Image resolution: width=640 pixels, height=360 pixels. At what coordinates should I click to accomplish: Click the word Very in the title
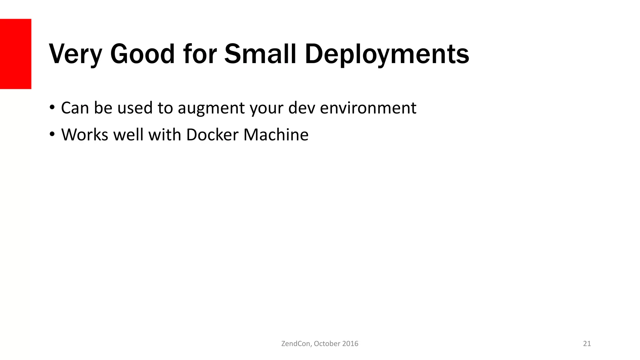point(75,54)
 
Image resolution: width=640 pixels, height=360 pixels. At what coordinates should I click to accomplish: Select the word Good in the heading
point(142,54)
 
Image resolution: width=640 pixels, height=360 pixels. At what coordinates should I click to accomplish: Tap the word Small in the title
point(260,54)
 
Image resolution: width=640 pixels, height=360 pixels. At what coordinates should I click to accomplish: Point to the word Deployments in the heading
point(387,54)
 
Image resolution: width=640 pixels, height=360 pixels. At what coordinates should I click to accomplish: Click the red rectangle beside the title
point(16,54)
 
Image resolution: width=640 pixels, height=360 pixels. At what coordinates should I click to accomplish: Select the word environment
point(368,108)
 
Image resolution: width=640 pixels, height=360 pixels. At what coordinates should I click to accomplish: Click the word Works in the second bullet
point(85,135)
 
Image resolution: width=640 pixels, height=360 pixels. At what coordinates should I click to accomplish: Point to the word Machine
point(276,135)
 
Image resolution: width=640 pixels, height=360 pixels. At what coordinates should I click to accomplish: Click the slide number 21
point(587,344)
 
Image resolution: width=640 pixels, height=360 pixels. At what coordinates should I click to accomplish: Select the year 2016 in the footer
point(350,344)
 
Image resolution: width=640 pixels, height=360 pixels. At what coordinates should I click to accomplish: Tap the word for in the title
point(200,54)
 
